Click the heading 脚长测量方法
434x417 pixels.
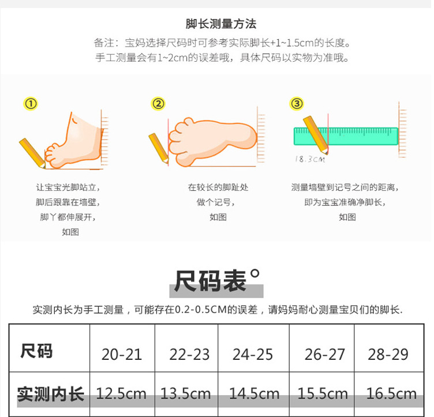click(221, 24)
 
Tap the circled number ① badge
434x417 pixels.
click(31, 104)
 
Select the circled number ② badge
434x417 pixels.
click(158, 104)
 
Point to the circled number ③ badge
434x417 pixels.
click(296, 104)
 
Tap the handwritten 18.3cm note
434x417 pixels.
click(310, 159)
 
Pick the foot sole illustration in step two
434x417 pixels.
click(214, 136)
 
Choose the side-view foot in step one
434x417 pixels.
click(72, 138)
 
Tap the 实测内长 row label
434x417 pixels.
click(50, 394)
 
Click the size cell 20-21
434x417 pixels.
click(122, 354)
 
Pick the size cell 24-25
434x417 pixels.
click(253, 354)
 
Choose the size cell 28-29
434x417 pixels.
click(388, 354)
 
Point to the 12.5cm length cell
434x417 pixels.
click(121, 394)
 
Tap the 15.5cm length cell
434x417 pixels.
click(323, 394)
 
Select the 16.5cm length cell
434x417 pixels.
click(391, 394)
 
